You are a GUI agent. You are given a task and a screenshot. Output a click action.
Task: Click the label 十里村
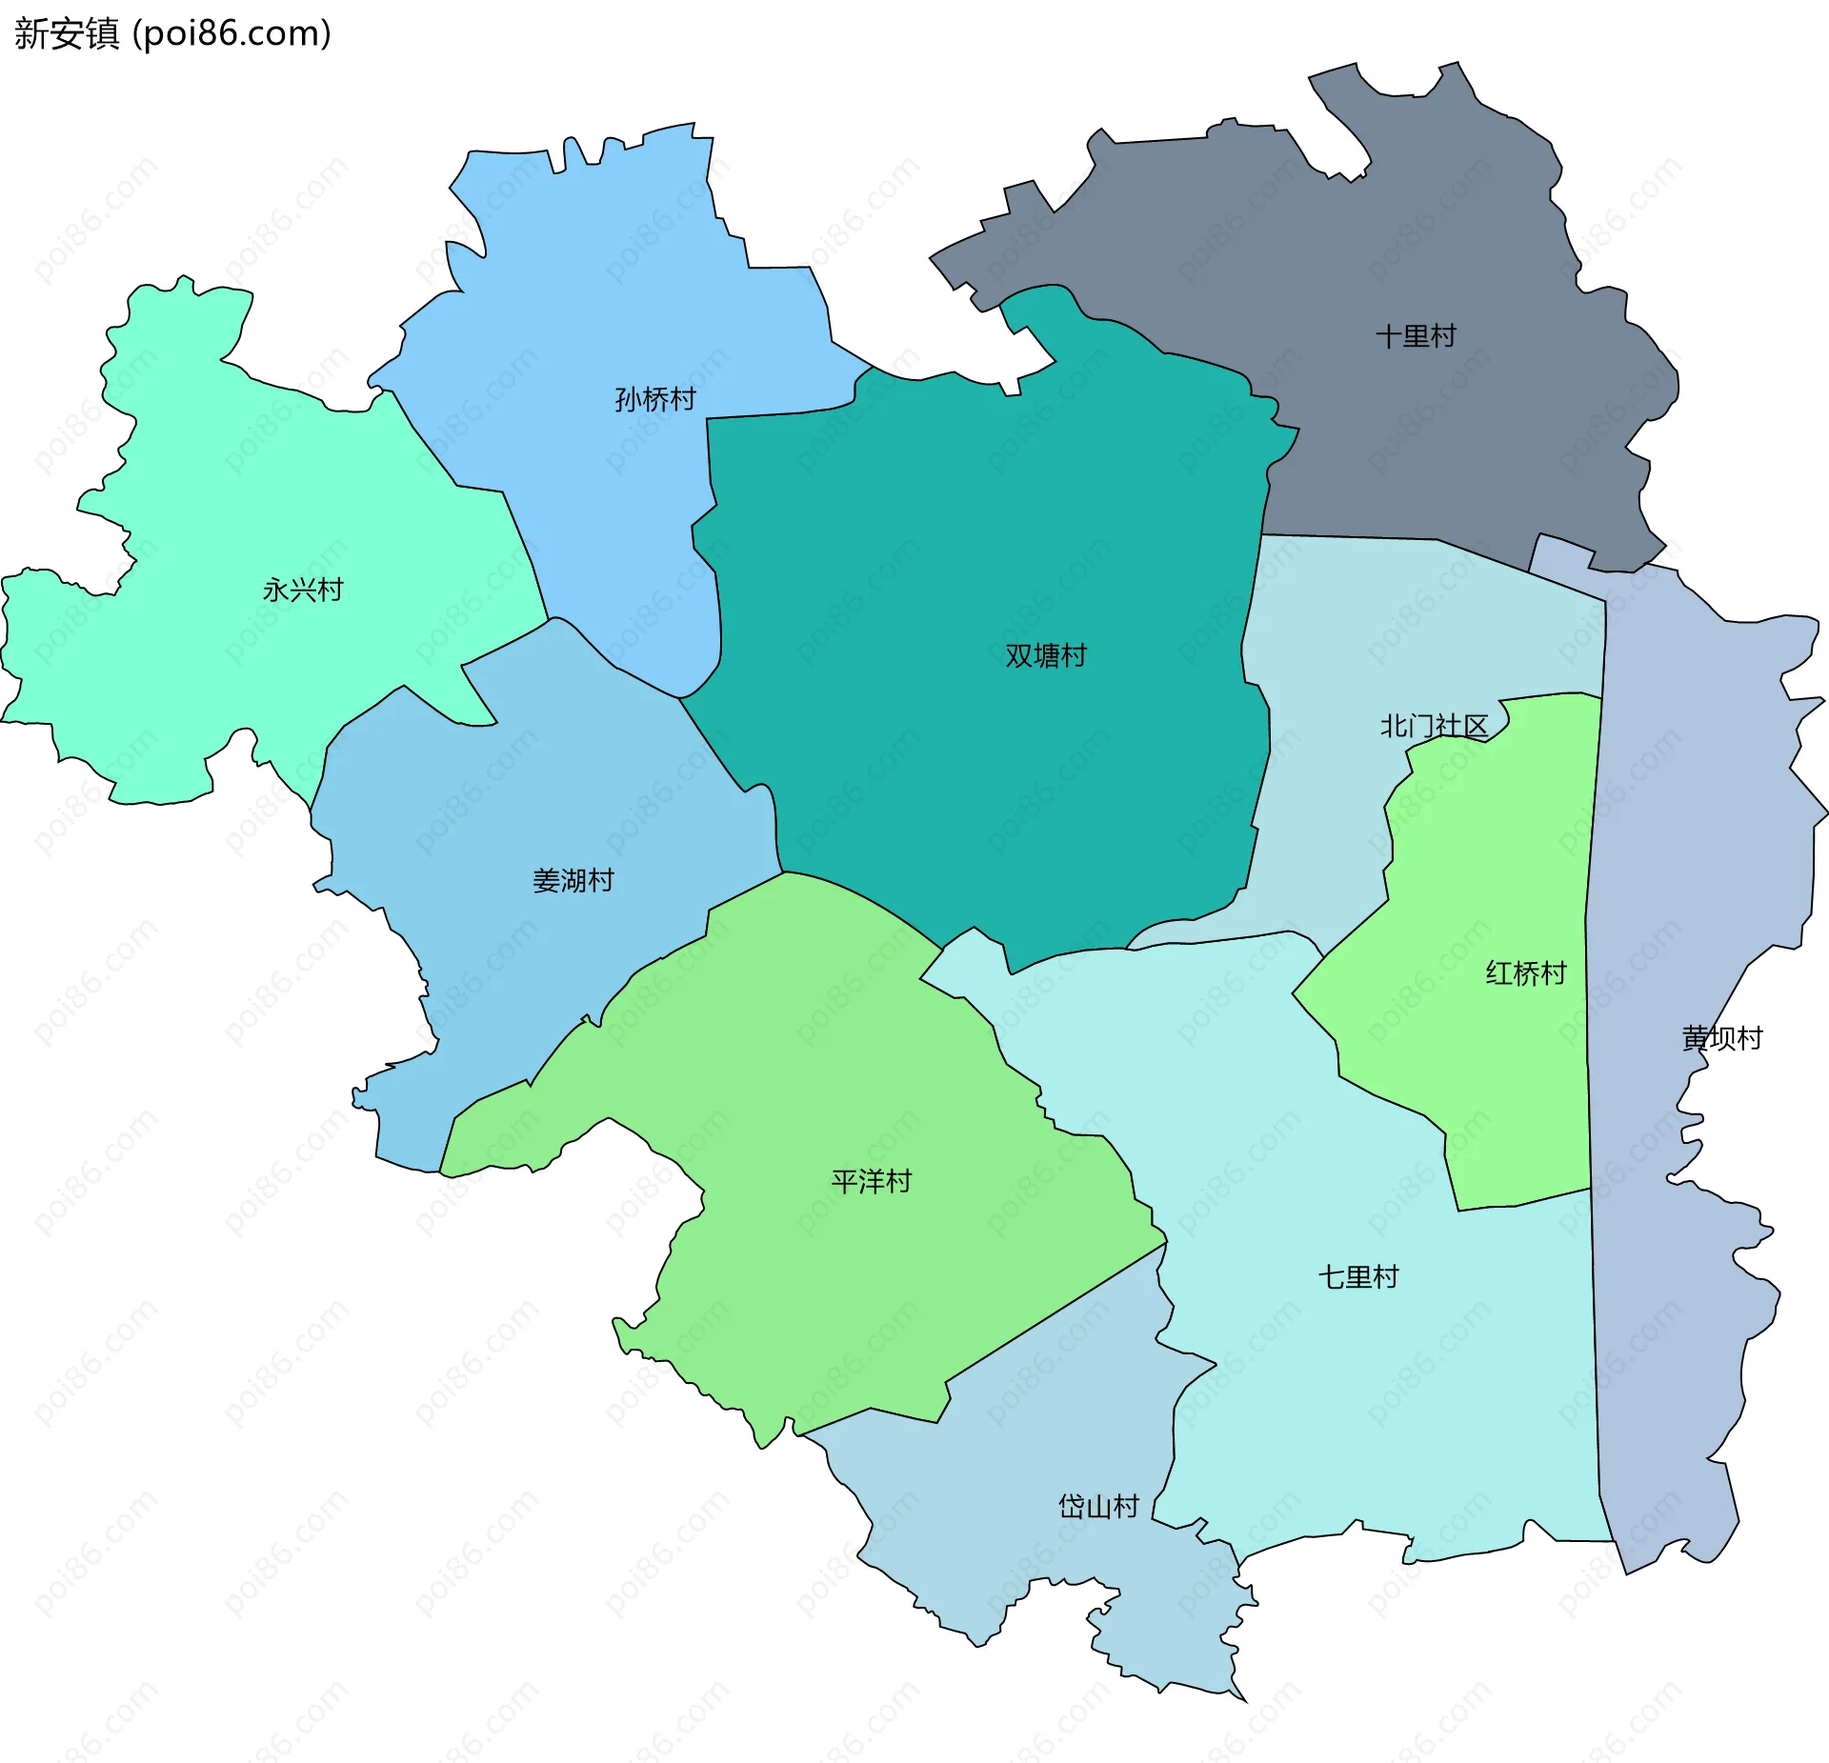(1416, 336)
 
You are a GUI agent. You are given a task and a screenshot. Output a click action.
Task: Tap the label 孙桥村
(655, 399)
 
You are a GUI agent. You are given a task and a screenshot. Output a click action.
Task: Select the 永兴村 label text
(303, 591)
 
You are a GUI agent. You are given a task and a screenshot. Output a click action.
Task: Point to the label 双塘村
(1045, 656)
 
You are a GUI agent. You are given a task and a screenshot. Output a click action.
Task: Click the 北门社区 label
(1434, 727)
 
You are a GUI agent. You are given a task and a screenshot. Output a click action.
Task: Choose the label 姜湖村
(573, 880)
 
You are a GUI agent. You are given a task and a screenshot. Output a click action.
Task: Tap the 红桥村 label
(1525, 973)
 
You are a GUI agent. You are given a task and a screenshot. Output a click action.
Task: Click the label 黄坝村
(1721, 1038)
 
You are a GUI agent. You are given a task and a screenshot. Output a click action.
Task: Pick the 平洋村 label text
(871, 1182)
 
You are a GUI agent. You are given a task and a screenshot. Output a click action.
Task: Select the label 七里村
(1357, 1277)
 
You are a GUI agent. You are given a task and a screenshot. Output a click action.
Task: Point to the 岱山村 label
(1098, 1507)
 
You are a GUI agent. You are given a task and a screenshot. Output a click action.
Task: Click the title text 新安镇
(67, 34)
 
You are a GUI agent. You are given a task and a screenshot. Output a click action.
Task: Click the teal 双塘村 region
(953, 571)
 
